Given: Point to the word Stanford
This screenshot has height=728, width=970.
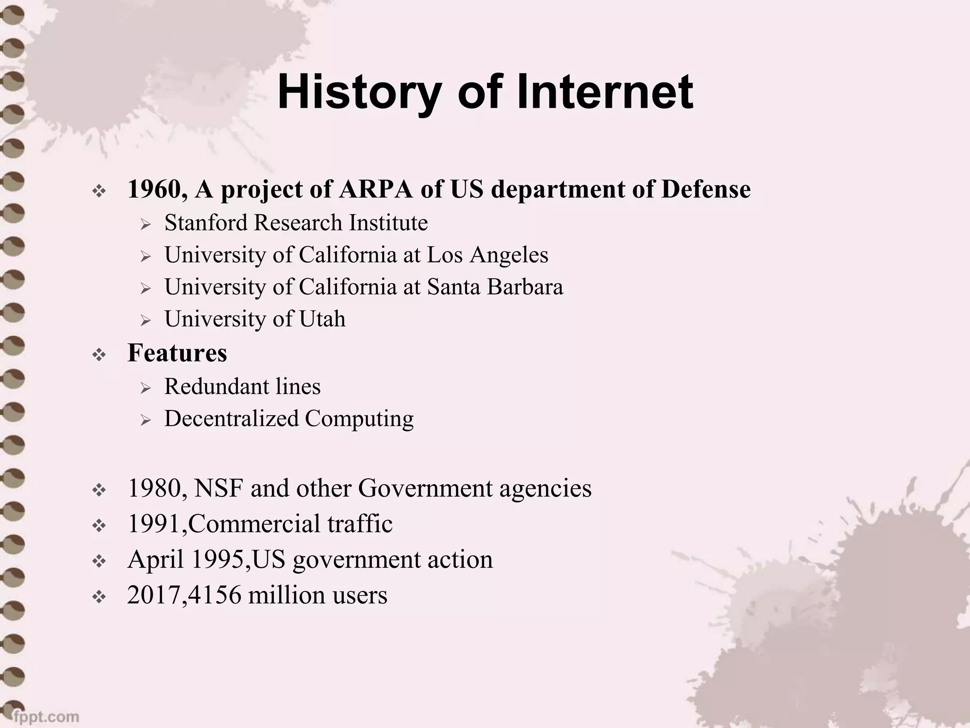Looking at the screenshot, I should click(x=206, y=223).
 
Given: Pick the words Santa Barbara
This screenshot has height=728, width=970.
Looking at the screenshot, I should click(x=495, y=287).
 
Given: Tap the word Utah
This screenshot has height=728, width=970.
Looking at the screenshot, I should click(x=322, y=318).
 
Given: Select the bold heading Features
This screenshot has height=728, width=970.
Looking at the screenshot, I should click(x=177, y=353).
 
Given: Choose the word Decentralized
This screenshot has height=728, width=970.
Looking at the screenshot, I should click(x=231, y=419).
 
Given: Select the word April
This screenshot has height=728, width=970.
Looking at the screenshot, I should click(x=155, y=560).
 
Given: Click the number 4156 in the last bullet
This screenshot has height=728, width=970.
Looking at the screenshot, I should click(x=215, y=595).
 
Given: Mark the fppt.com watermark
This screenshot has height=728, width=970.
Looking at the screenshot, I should click(x=46, y=716).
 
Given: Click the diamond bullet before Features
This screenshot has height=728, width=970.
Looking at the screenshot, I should click(x=99, y=355).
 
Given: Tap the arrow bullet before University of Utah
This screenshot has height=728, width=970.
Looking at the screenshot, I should click(x=145, y=321).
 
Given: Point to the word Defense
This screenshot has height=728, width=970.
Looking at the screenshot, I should click(x=706, y=189).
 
